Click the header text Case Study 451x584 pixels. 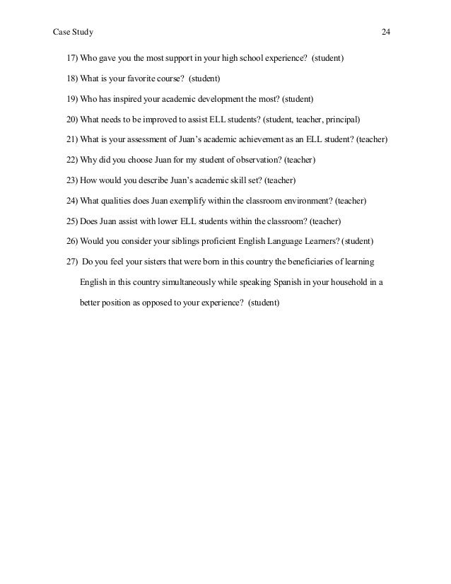[73, 33]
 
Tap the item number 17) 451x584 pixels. [72, 57]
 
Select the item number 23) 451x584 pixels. [72, 180]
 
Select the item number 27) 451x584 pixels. [72, 262]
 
